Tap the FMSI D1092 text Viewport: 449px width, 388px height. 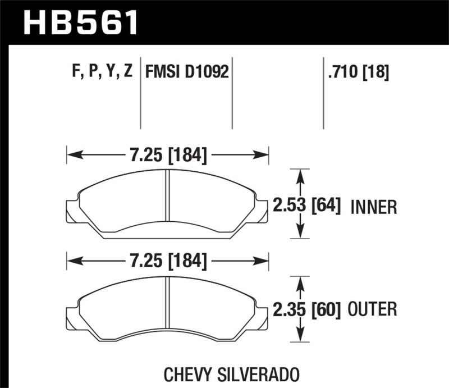click(187, 72)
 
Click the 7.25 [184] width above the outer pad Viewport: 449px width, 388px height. click(168, 261)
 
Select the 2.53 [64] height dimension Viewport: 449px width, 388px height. click(307, 206)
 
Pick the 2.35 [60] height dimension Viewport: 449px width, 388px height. click(307, 308)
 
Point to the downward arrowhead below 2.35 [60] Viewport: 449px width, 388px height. click(302, 337)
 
